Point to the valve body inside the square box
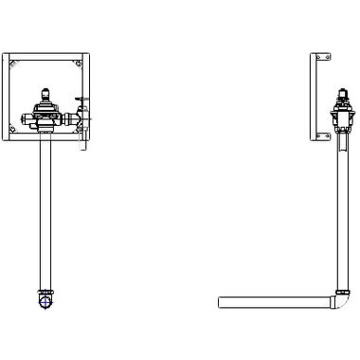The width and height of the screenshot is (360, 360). pos(44,114)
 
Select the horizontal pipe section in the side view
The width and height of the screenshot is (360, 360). pos(275,302)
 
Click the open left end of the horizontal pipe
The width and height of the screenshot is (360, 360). pos(221,302)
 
